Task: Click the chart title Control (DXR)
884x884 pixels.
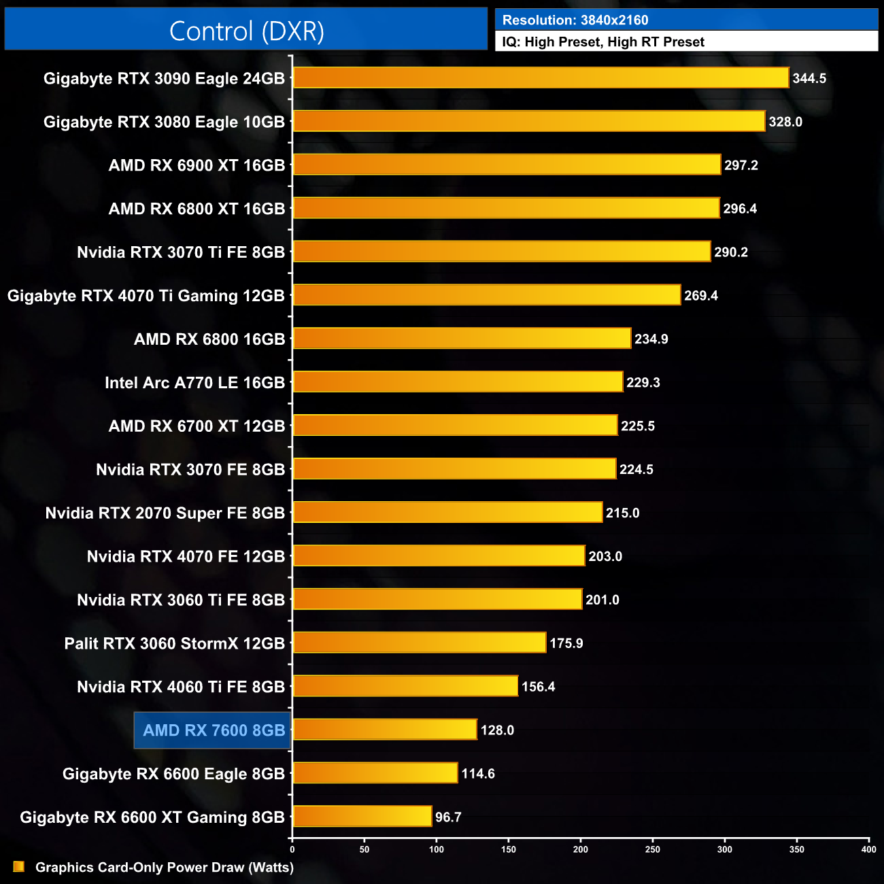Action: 246,31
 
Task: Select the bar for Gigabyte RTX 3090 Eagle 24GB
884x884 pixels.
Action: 541,78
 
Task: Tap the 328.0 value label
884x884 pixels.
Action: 785,122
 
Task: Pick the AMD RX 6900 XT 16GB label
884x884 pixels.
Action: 197,165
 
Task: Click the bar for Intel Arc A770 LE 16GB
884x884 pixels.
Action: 458,382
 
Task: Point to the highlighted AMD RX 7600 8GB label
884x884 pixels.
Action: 214,730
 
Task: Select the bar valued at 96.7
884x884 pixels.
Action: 362,816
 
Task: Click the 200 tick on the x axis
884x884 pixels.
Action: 581,849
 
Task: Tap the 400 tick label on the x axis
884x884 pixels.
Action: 868,849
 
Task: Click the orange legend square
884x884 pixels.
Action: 18,866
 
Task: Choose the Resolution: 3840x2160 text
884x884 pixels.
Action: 575,20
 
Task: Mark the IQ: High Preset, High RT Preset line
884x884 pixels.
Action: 603,42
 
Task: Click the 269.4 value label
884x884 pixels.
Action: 701,296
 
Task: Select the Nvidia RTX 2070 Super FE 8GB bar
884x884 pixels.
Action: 447,512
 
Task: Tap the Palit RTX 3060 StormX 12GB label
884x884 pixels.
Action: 174,643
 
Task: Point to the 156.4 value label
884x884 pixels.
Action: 538,687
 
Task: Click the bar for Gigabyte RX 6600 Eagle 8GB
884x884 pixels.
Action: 375,772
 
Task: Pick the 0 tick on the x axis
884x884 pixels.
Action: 292,849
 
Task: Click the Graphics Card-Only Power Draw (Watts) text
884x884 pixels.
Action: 165,867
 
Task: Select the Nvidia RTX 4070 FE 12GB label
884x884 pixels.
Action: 186,556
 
